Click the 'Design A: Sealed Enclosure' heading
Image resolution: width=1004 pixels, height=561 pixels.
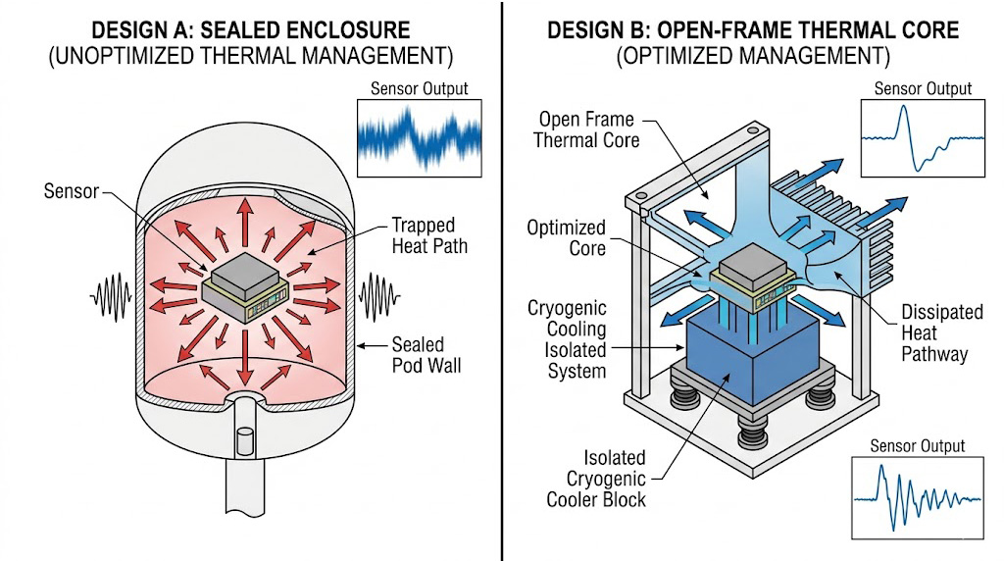[250, 28]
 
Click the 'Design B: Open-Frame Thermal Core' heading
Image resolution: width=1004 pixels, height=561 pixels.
[752, 28]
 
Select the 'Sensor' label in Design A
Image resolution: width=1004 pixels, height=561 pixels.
[72, 190]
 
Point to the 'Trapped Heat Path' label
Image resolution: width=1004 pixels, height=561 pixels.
[429, 234]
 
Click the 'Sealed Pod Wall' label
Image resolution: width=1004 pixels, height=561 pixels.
[419, 355]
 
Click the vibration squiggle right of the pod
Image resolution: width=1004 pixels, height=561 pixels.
[377, 292]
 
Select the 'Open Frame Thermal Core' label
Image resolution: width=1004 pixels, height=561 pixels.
[586, 129]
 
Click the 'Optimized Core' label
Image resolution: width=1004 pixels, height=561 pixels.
[566, 238]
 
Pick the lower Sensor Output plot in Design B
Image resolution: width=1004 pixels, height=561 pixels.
[918, 496]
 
